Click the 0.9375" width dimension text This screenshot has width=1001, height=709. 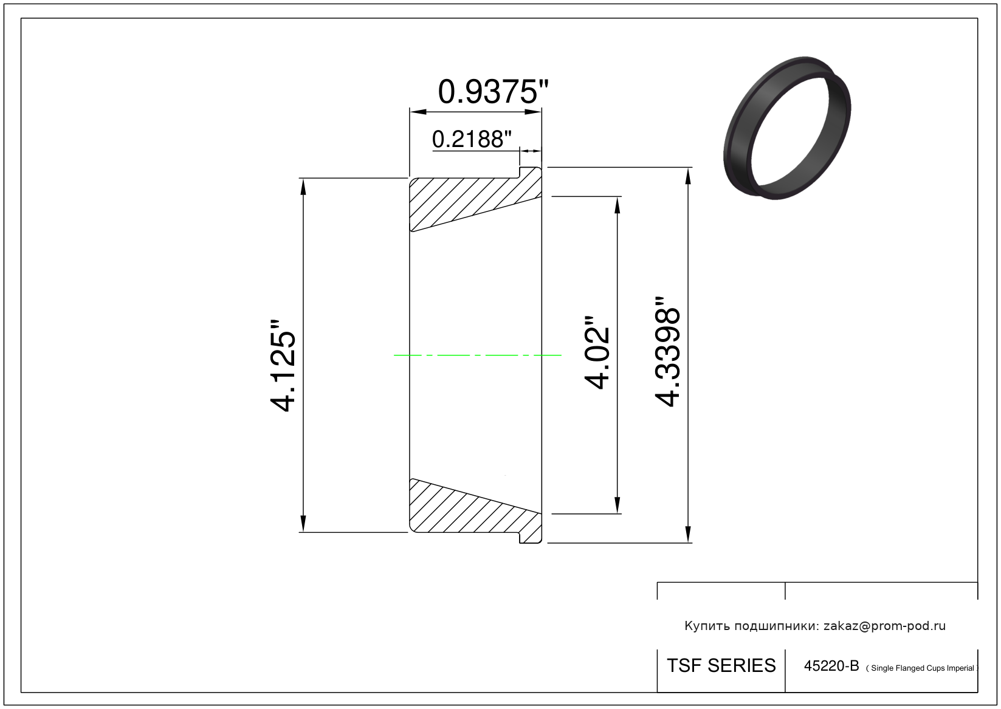[493, 92]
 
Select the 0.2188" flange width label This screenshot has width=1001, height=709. [472, 139]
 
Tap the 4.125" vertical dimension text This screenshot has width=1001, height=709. [283, 366]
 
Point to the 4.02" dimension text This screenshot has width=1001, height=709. [597, 353]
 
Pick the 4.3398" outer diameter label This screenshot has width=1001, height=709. [667, 351]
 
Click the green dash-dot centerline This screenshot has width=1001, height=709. [477, 355]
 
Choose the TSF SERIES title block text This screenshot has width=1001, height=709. [721, 665]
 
